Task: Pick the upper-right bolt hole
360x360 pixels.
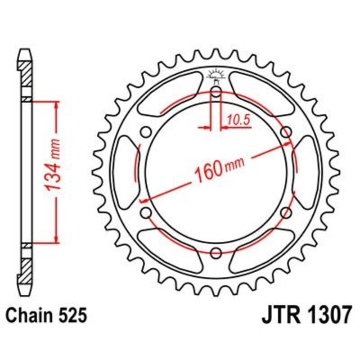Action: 285,132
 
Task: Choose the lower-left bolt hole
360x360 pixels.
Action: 145,212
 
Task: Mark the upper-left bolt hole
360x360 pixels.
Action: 145,132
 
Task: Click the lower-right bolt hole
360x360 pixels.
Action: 285,212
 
